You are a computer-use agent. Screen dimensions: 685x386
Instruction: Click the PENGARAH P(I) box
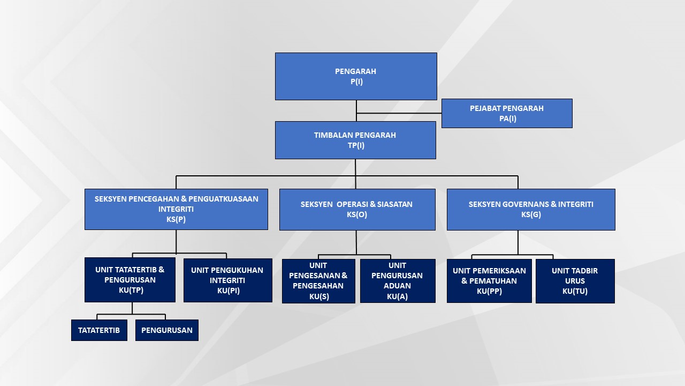356,76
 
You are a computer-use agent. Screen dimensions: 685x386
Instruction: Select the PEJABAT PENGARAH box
507,113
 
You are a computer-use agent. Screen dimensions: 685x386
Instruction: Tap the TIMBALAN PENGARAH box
355,140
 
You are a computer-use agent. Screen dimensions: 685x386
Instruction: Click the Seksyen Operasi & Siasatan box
357,210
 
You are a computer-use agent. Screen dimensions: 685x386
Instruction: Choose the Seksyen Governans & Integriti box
531,210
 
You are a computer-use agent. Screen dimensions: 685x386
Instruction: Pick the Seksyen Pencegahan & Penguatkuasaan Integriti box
176,209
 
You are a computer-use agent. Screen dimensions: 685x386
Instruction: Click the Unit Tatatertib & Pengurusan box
130,280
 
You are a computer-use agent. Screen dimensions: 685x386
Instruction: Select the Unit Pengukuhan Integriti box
228,280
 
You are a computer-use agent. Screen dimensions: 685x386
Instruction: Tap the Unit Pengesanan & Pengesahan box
318,281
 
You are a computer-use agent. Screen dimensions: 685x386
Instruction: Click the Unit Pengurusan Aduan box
398,281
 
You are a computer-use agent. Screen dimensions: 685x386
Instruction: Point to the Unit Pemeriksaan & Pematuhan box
489,281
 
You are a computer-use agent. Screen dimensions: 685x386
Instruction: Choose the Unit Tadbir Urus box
575,281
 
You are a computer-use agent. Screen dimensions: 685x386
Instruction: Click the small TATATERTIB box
99,330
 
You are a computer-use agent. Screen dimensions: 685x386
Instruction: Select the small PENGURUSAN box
167,330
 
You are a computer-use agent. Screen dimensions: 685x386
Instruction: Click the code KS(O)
357,214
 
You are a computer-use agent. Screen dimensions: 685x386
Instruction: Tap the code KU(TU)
575,291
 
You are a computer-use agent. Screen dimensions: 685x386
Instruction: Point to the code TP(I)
356,145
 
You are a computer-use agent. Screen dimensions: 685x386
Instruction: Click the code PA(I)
508,118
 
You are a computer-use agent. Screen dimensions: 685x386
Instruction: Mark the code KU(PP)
489,291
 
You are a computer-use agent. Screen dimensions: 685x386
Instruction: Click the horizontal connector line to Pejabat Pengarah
399,113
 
